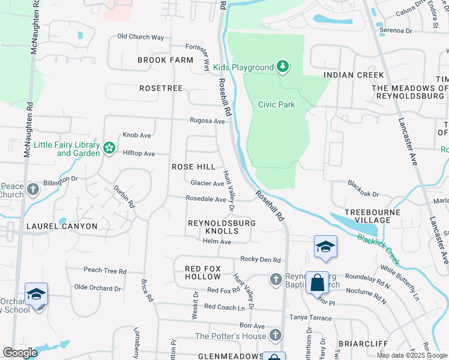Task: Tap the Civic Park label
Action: pyautogui.click(x=276, y=104)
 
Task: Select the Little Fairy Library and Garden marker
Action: pyautogui.click(x=109, y=148)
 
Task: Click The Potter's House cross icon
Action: pyautogui.click(x=275, y=335)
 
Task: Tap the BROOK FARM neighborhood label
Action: pyautogui.click(x=165, y=60)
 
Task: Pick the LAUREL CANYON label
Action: pyautogui.click(x=62, y=226)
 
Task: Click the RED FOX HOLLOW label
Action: pyautogui.click(x=203, y=272)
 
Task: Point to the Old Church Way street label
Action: pyautogui.click(x=140, y=37)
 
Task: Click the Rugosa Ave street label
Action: pyautogui.click(x=207, y=121)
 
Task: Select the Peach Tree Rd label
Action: pyautogui.click(x=104, y=271)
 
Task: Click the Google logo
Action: pyautogui.click(x=20, y=353)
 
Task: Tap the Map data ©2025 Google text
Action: pyautogui.click(x=411, y=355)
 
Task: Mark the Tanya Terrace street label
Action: pyautogui.click(x=311, y=317)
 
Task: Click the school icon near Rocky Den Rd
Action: pyautogui.click(x=325, y=247)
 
